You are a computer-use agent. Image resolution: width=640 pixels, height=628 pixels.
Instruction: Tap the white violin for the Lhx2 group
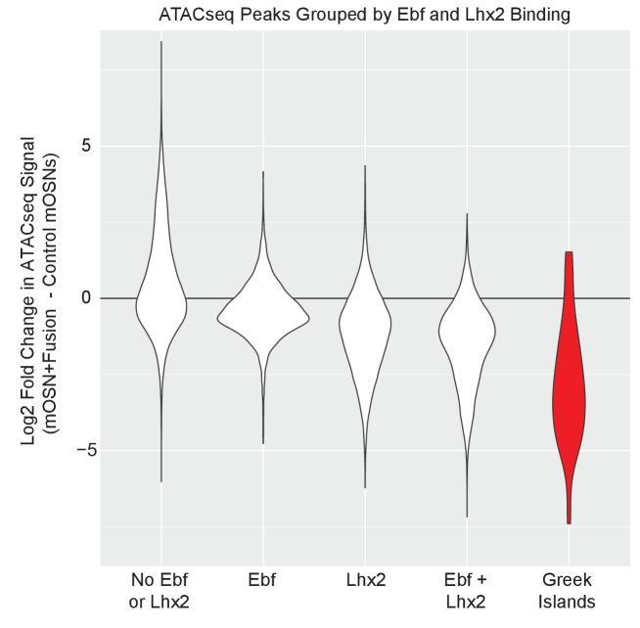(x=365, y=323)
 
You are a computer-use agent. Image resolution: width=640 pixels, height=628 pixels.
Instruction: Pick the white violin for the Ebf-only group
(x=262, y=315)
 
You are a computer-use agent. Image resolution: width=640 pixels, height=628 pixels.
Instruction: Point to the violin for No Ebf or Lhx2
(x=160, y=303)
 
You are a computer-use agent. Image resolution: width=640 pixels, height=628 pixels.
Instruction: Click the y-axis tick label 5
(x=85, y=146)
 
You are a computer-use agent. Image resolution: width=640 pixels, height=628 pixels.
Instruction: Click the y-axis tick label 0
(x=85, y=298)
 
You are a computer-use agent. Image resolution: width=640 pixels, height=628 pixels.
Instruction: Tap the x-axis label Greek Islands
(x=569, y=592)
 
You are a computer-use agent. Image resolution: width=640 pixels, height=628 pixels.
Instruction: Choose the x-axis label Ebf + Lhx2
(x=467, y=592)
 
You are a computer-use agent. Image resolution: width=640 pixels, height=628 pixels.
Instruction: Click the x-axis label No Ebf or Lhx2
(x=160, y=592)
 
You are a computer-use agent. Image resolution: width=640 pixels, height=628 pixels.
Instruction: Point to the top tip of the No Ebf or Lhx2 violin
(x=160, y=42)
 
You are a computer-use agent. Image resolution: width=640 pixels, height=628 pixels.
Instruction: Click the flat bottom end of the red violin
(x=569, y=523)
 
